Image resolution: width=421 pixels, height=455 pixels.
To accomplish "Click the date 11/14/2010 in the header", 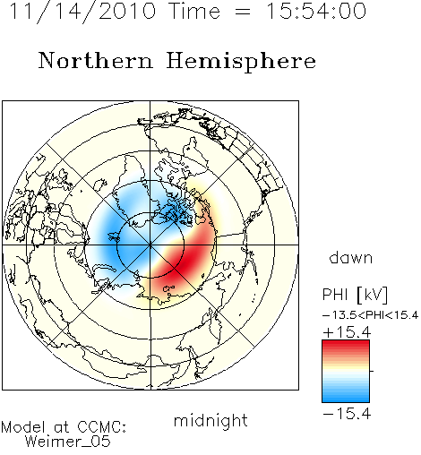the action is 82,12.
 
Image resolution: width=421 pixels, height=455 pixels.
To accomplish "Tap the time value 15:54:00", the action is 315,11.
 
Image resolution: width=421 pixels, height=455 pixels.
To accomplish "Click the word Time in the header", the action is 194,11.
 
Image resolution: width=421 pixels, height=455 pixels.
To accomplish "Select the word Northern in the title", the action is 96,60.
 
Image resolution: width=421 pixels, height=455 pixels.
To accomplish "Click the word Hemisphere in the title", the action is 241,62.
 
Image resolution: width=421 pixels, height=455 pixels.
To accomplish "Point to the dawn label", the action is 351,257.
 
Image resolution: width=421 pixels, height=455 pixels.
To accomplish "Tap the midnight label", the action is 210,421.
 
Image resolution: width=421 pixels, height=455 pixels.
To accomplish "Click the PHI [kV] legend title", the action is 355,295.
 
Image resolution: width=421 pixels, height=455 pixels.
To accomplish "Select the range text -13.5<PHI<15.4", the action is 370,315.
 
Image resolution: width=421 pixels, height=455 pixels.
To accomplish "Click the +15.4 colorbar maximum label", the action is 347,332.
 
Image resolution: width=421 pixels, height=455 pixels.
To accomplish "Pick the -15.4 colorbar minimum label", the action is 347,414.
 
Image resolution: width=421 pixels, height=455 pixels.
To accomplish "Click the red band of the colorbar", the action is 346,348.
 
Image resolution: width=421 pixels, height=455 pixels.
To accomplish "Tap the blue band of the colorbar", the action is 346,394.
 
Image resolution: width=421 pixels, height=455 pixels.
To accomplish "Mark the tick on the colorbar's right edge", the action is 372,371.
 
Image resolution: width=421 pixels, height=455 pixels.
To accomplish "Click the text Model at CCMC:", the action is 64,427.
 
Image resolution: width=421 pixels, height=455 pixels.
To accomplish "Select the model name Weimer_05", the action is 68,442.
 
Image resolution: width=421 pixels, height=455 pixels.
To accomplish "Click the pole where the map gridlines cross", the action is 150,245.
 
